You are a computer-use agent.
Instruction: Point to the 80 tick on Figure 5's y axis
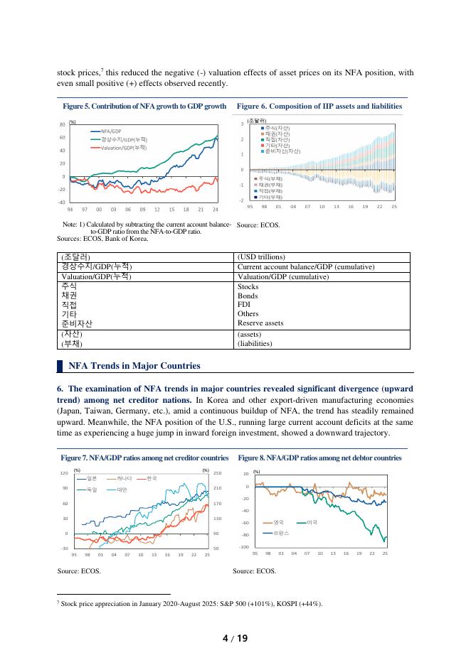tap(61, 125)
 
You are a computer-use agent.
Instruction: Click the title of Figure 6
tap(319, 106)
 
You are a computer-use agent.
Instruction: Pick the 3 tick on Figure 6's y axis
tap(243, 125)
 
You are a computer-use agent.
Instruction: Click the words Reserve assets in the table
tap(260, 323)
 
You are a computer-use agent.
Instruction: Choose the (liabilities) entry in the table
tap(258, 343)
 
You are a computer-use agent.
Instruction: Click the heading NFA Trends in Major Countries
tap(134, 366)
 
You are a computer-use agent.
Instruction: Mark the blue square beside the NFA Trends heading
tap(60, 366)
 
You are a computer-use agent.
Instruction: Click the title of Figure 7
tap(144, 458)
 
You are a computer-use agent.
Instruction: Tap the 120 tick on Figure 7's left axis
tap(64, 473)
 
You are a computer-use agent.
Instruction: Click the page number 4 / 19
tap(235, 638)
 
